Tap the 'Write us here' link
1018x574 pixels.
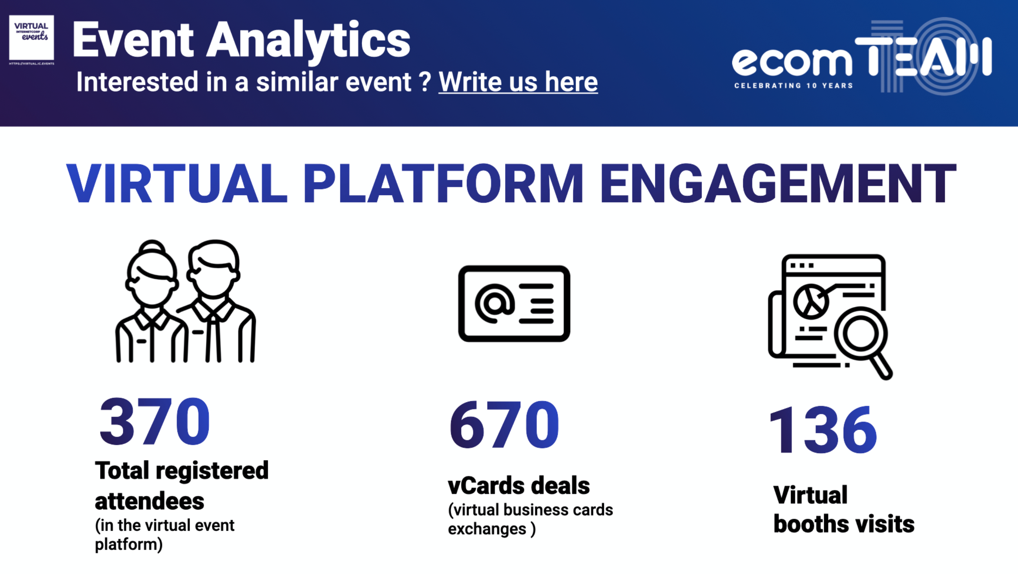(518, 82)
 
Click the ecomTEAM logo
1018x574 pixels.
(862, 56)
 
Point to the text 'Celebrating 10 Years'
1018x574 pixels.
(794, 85)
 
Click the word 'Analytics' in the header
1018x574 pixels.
(308, 41)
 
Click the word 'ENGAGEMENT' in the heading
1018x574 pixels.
(778, 183)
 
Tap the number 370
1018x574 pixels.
(155, 421)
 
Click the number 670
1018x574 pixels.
(504, 424)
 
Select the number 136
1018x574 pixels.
(823, 430)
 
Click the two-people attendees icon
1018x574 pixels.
(185, 301)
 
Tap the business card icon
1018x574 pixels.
(514, 303)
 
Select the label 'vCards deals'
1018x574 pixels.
(518, 485)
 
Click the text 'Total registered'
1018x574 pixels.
(182, 471)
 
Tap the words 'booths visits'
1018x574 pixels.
(844, 524)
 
